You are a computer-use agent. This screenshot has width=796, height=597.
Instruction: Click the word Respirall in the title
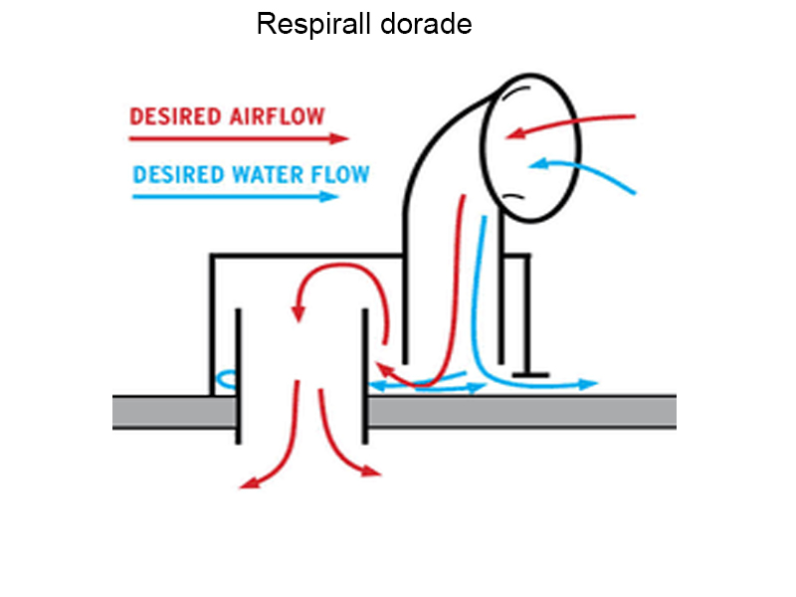click(313, 24)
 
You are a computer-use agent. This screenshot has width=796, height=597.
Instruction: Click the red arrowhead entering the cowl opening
click(513, 134)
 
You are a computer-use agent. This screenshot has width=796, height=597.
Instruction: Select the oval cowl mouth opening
click(527, 147)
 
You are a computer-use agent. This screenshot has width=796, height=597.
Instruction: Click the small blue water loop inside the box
click(226, 378)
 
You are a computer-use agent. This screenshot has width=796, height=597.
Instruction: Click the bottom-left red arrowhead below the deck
click(249, 486)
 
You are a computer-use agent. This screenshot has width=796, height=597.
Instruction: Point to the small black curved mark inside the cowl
click(513, 196)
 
